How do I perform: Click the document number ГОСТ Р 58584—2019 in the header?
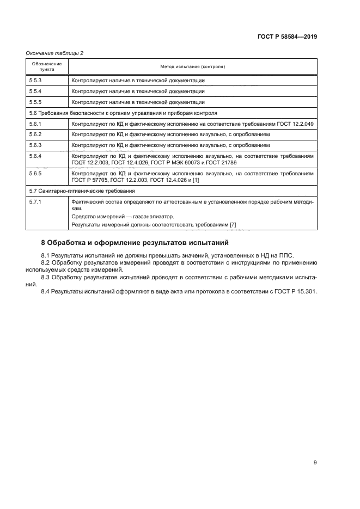pyautogui.click(x=287, y=37)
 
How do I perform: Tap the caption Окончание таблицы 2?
pyautogui.click(x=54, y=53)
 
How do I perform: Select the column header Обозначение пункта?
pyautogui.click(x=47, y=66)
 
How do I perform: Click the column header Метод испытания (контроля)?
pyautogui.click(x=192, y=66)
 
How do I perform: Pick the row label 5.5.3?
pyautogui.click(x=35, y=81)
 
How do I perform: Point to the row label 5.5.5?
pyautogui.click(x=35, y=102)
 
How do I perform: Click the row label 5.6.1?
pyautogui.click(x=35, y=124)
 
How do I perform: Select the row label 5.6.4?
pyautogui.click(x=35, y=156)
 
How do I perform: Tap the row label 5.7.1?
pyautogui.click(x=35, y=202)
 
